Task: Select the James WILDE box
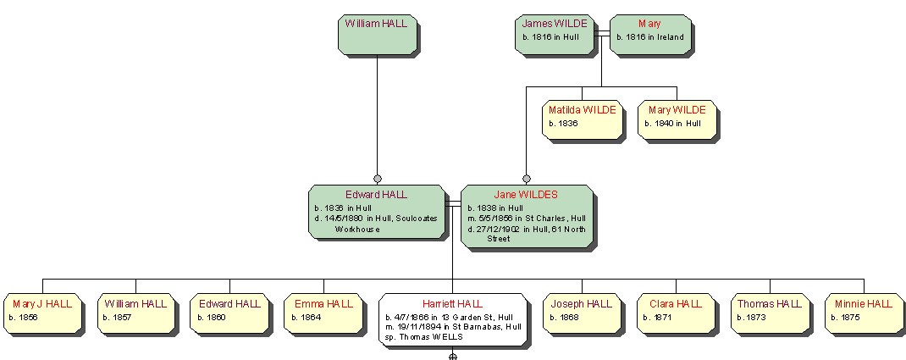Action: click(555, 34)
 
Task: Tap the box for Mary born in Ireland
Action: click(649, 34)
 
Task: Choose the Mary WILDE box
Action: click(677, 119)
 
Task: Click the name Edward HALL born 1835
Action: click(376, 195)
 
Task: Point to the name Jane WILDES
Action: click(526, 195)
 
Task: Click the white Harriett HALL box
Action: click(452, 318)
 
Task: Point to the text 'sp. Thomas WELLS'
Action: click(424, 337)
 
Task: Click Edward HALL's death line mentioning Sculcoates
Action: click(376, 219)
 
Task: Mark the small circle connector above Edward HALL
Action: click(378, 179)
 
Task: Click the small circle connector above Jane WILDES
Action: click(526, 179)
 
